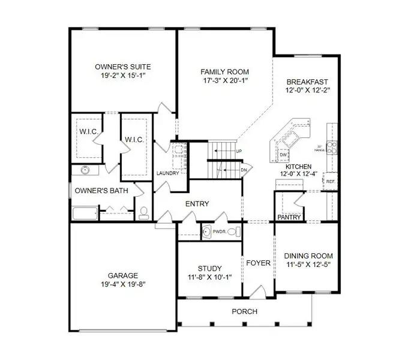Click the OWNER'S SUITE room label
[123, 67]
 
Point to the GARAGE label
[124, 276]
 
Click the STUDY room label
[209, 268]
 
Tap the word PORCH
[244, 311]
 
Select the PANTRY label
[289, 217]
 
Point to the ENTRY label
[197, 204]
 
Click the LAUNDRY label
[168, 174]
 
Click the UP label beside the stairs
[239, 151]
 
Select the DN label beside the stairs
[244, 170]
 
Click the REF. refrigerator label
[330, 180]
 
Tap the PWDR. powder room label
[219, 230]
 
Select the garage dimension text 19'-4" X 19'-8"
[124, 286]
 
